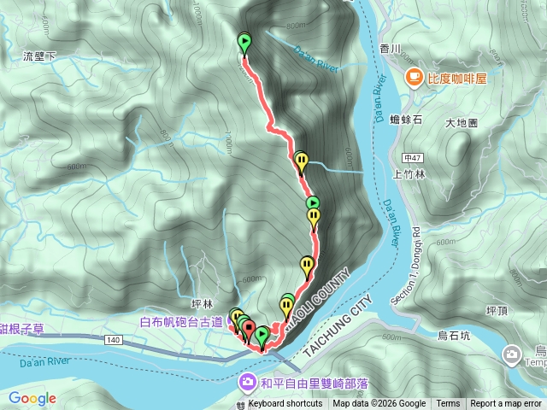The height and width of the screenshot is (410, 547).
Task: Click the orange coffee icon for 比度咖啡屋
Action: [415, 78]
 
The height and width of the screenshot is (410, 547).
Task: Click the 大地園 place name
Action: [462, 123]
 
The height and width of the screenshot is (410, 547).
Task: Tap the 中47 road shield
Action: [411, 158]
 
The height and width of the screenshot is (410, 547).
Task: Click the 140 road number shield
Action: [114, 339]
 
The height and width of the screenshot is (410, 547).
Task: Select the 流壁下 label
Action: [39, 56]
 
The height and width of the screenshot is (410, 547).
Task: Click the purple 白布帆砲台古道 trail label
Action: [181, 323]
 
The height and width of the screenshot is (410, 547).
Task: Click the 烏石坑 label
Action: [477, 335]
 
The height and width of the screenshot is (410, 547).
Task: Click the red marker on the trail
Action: [249, 326]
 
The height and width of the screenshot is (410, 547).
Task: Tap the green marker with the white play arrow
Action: [314, 202]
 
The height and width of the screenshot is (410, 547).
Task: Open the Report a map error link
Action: [506, 404]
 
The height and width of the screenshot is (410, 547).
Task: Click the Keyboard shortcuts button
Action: [285, 404]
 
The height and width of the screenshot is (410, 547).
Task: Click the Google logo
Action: [32, 398]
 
